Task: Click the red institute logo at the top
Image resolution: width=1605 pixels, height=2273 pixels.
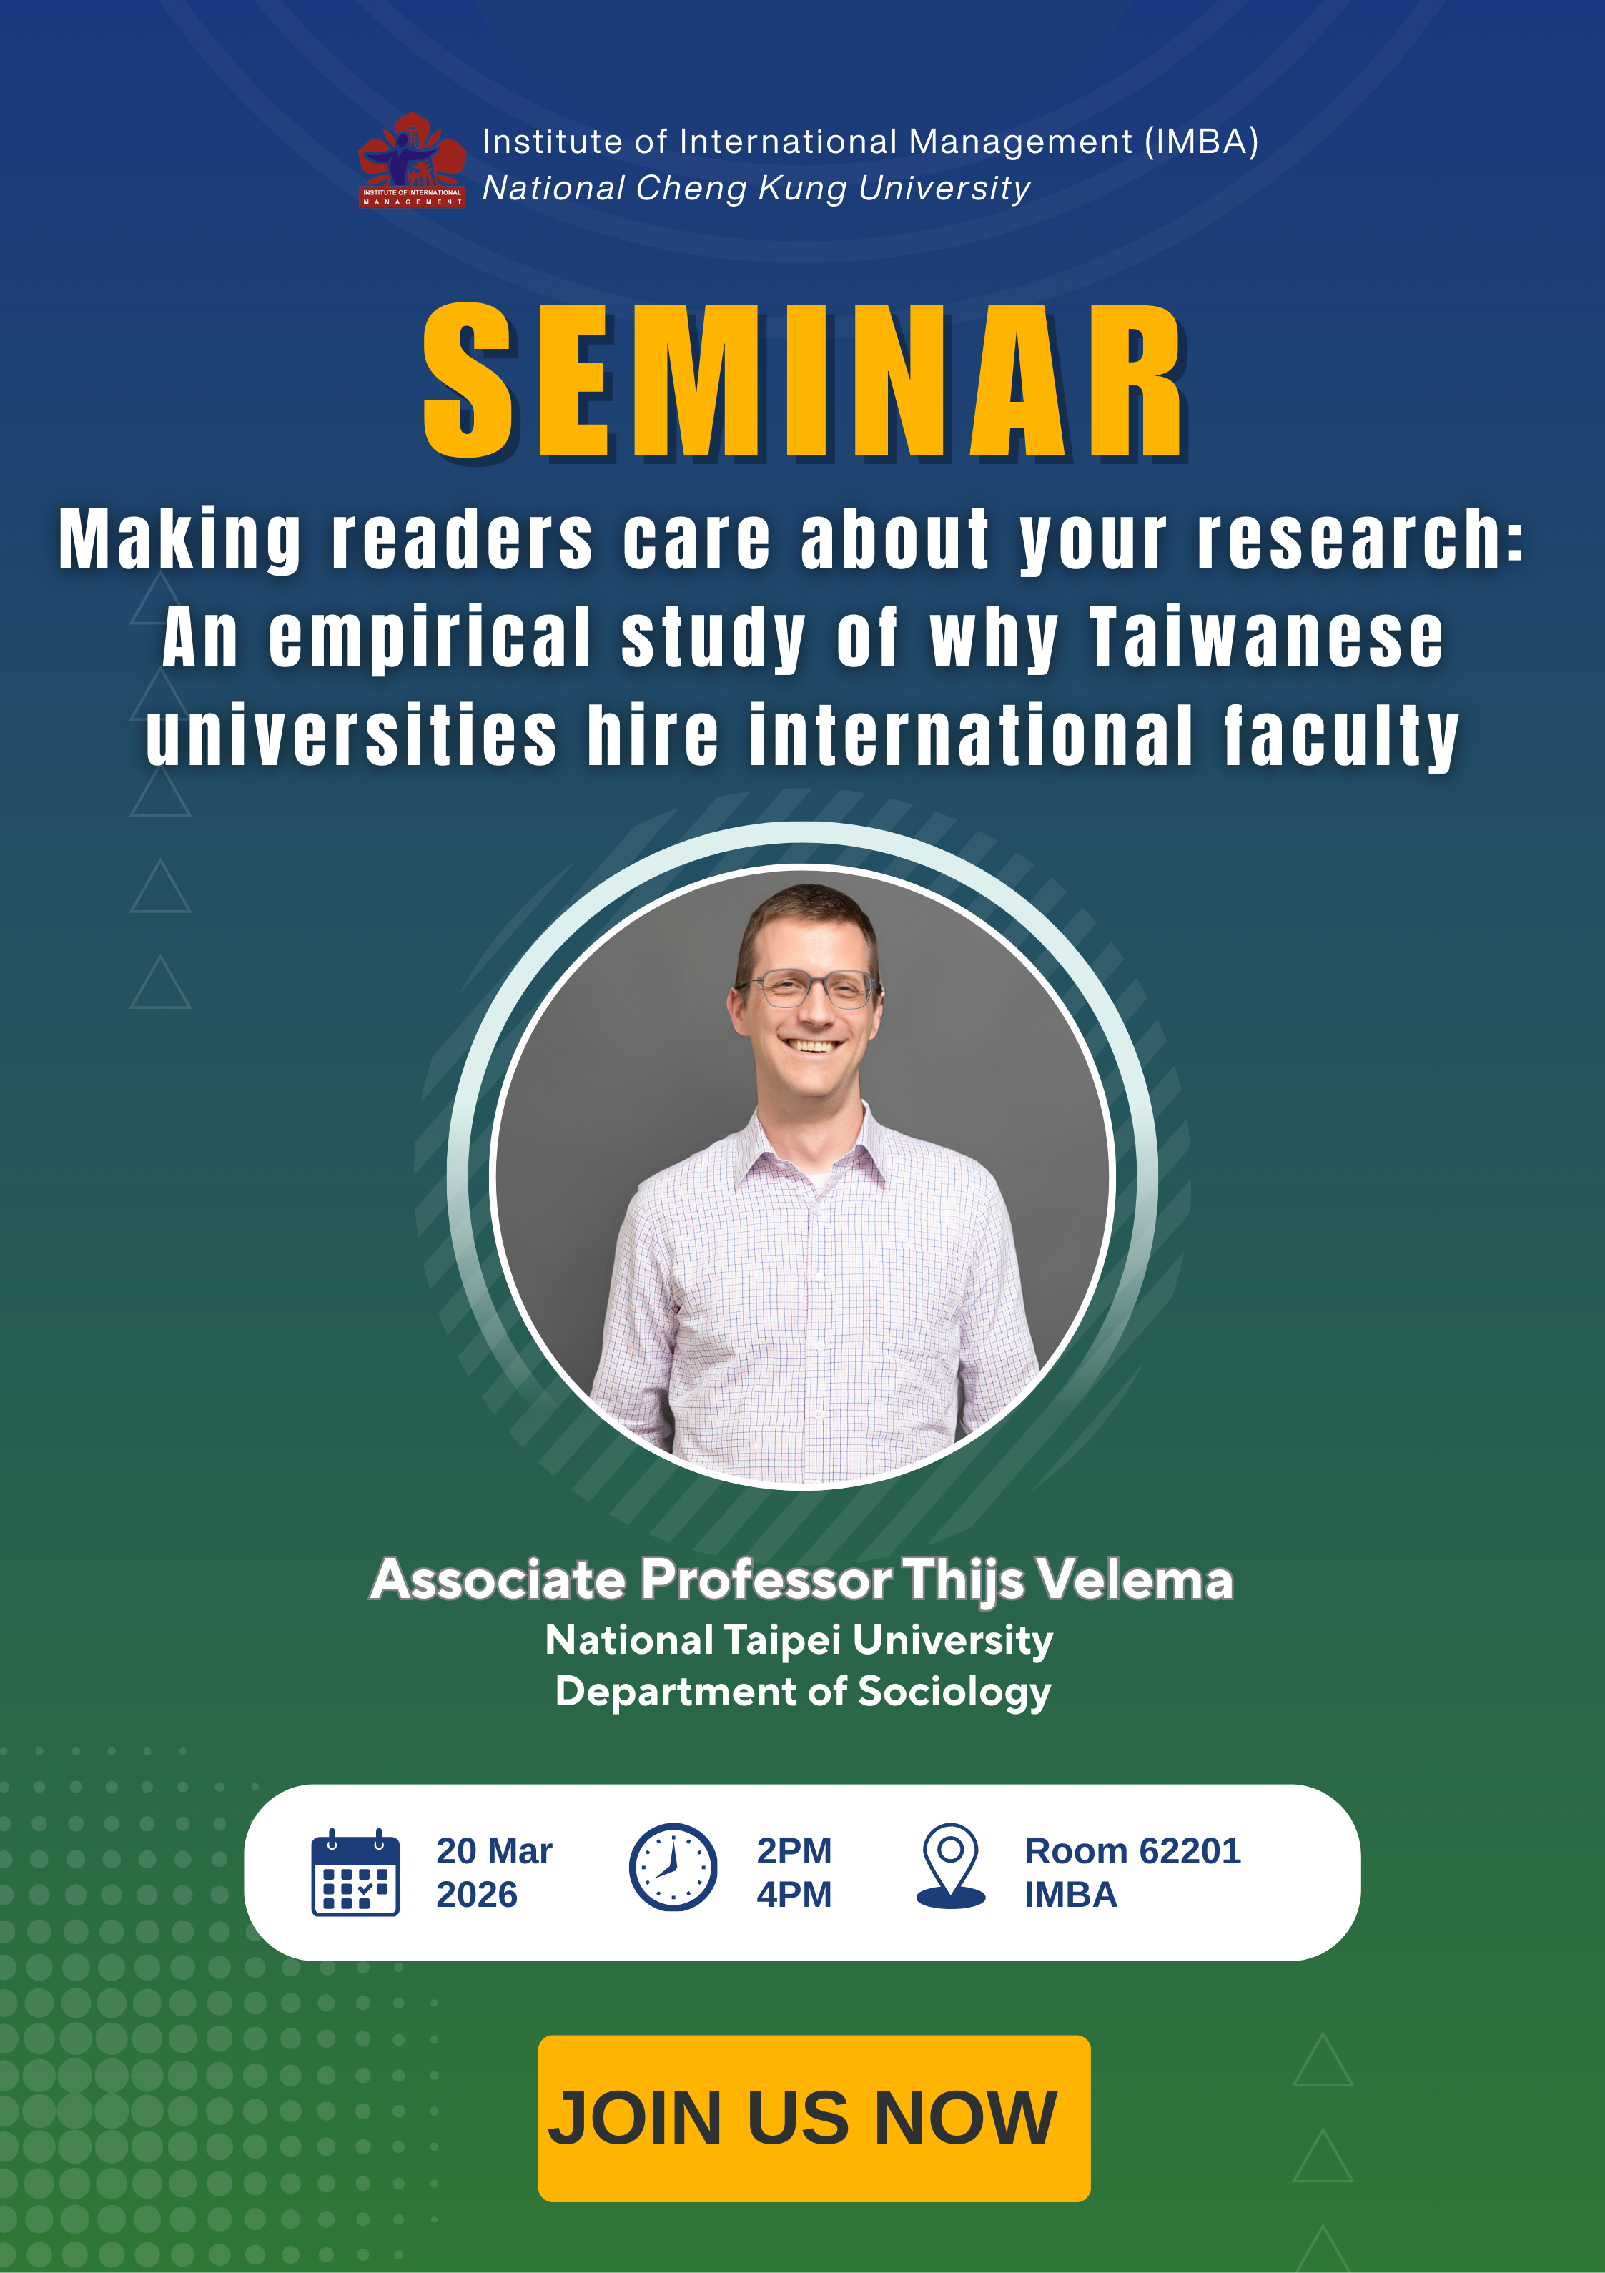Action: (x=412, y=160)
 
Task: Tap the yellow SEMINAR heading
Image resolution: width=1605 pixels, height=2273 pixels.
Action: (x=804, y=382)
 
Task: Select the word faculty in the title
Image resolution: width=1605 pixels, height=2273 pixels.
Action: (x=1342, y=738)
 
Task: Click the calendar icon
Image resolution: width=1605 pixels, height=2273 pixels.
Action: (x=355, y=1873)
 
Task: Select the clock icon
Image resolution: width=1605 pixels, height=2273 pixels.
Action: (x=673, y=1867)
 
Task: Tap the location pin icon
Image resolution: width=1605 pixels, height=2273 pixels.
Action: (x=951, y=1866)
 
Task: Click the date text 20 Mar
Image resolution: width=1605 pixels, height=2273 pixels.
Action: (x=494, y=1850)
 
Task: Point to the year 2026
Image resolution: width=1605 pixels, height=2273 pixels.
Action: (x=478, y=1894)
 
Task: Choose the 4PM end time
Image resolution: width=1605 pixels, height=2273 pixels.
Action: (x=794, y=1894)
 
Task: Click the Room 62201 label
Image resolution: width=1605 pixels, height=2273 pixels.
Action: (x=1132, y=1850)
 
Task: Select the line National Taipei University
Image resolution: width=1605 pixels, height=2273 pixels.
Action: (x=799, y=1640)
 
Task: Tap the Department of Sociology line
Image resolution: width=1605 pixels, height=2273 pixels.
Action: (x=803, y=1692)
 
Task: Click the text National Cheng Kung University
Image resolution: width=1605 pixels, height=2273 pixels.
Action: (x=756, y=188)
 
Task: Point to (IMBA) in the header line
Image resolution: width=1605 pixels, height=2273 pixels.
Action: (x=1201, y=142)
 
